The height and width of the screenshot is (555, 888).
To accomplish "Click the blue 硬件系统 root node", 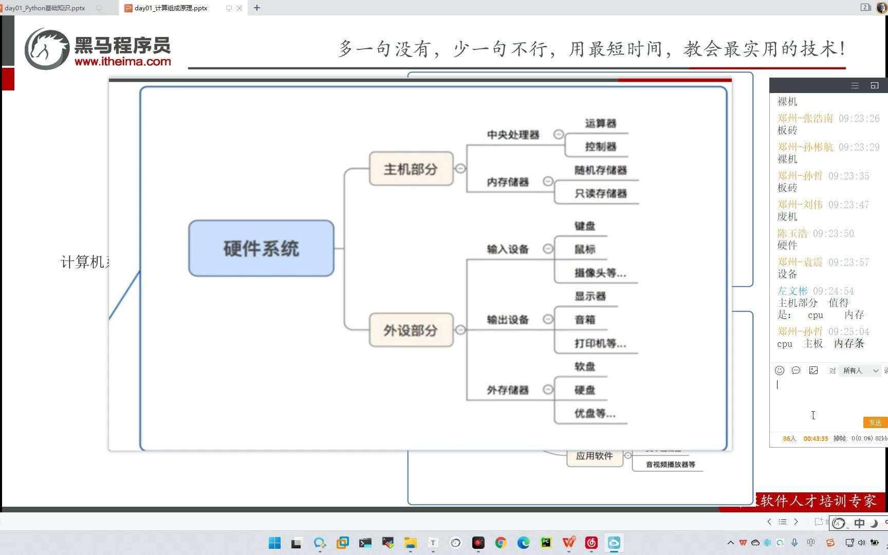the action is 261,248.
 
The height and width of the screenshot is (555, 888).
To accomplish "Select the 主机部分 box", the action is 411,169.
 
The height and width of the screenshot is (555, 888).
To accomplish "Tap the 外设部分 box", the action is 411,330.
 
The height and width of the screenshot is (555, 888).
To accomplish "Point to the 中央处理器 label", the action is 513,135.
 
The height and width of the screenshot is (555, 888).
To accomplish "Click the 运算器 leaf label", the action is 600,123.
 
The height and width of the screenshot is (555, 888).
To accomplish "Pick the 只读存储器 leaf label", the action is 600,194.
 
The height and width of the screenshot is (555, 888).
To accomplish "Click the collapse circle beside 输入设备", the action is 548,249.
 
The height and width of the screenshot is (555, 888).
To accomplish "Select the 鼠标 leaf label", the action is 585,249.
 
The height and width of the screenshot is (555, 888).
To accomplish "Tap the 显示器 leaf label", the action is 590,296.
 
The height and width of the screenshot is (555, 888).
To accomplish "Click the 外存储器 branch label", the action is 508,390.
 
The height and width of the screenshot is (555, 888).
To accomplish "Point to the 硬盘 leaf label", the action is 585,390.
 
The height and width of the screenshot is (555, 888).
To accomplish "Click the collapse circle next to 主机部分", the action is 460,169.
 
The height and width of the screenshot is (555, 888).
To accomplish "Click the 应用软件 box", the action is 594,456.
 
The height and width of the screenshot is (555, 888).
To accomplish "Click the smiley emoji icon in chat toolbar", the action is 780,371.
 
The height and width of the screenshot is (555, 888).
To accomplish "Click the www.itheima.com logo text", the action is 123,62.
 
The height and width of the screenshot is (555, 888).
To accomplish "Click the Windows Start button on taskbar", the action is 275,543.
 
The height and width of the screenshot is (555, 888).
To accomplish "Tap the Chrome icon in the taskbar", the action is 501,543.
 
